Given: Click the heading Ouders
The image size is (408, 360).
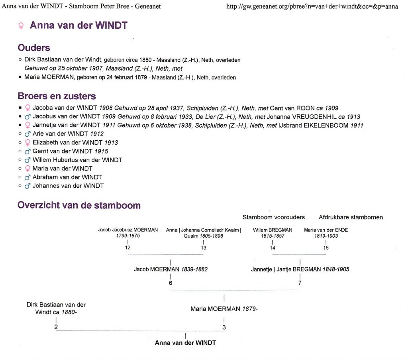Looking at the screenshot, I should [x=34, y=48].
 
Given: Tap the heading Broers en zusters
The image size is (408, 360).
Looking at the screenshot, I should [x=57, y=96].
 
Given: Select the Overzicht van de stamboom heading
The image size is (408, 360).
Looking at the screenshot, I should [x=79, y=205].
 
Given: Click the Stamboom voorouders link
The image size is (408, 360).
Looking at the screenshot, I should [x=273, y=217].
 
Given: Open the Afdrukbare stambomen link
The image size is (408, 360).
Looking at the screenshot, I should [x=351, y=217].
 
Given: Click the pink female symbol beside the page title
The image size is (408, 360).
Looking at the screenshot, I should [x=21, y=26].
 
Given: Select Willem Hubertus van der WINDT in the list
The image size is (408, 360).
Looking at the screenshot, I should [x=77, y=160].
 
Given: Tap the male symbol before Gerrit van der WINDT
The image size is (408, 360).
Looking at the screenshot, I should [x=27, y=151].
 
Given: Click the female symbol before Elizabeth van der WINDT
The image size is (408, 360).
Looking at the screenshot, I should [x=27, y=143].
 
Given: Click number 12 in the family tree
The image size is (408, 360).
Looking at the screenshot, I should [x=127, y=248].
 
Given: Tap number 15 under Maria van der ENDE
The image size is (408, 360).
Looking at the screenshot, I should [x=326, y=248].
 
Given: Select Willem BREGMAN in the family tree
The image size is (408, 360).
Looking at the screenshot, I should [x=273, y=230].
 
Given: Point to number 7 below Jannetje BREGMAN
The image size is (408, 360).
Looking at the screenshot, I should [x=300, y=283].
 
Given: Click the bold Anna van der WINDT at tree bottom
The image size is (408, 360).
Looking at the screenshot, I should [x=185, y=343].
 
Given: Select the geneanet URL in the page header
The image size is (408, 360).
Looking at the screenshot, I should [x=312, y=6].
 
